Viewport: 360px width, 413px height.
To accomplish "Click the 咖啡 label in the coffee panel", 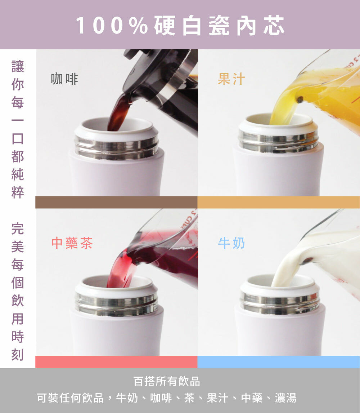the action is [64, 79].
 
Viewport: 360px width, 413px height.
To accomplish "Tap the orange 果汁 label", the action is [231, 79].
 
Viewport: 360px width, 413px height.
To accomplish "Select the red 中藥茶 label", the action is [72, 243].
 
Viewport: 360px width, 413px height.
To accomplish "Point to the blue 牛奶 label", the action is [231, 243].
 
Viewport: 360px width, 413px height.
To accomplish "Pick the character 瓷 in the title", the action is [219, 26].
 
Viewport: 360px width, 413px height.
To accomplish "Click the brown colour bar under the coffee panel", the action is [116, 202].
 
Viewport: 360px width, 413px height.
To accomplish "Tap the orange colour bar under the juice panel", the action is [278, 202].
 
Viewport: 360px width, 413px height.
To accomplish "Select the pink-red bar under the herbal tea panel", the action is [116, 362].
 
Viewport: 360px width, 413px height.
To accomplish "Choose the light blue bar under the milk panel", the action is [278, 362].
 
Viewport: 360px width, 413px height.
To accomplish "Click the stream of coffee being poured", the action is [117, 113].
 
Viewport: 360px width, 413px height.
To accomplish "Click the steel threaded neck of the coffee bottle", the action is [117, 147].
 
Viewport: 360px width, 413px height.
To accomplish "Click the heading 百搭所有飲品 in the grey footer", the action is [167, 381].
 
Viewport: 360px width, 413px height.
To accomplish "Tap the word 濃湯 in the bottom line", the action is [286, 398].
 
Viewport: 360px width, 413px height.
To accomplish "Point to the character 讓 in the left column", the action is [18, 66].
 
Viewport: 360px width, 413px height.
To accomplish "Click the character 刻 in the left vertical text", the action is [18, 355].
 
